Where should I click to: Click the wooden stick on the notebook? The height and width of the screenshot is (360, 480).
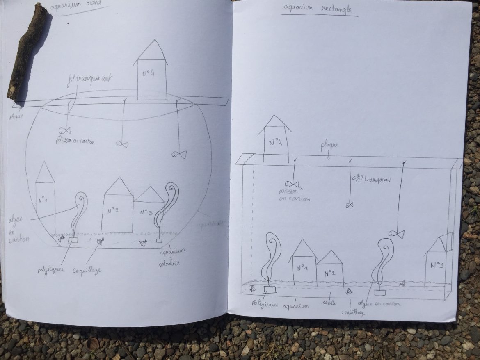(x=28, y=51)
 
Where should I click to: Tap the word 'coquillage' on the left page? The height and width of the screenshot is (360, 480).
(x=87, y=271)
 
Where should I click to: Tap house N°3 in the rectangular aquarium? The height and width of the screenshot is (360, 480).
(x=437, y=262)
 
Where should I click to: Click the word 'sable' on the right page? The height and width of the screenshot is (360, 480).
(x=326, y=303)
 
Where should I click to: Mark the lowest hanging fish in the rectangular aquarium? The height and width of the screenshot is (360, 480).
(x=397, y=234)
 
